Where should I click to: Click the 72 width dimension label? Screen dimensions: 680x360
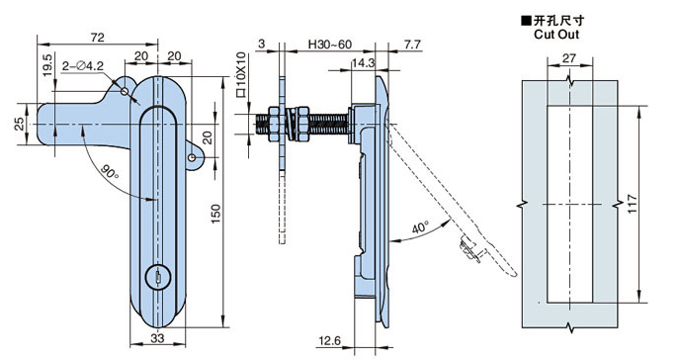pyautogui.click(x=98, y=38)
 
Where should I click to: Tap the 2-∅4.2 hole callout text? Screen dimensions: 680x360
pyautogui.click(x=83, y=66)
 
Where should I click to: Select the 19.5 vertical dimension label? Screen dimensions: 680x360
pyautogui.click(x=46, y=65)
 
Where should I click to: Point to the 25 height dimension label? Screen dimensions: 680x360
pyautogui.click(x=19, y=125)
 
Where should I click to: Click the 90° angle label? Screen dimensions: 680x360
pyautogui.click(x=110, y=172)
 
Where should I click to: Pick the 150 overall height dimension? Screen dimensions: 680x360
pyautogui.click(x=215, y=214)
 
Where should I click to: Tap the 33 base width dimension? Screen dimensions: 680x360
pyautogui.click(x=157, y=338)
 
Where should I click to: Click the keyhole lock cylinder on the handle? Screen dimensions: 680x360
pyautogui.click(x=158, y=278)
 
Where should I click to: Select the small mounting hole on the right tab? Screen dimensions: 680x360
pyautogui.click(x=192, y=157)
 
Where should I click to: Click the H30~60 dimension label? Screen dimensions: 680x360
pyautogui.click(x=329, y=45)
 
